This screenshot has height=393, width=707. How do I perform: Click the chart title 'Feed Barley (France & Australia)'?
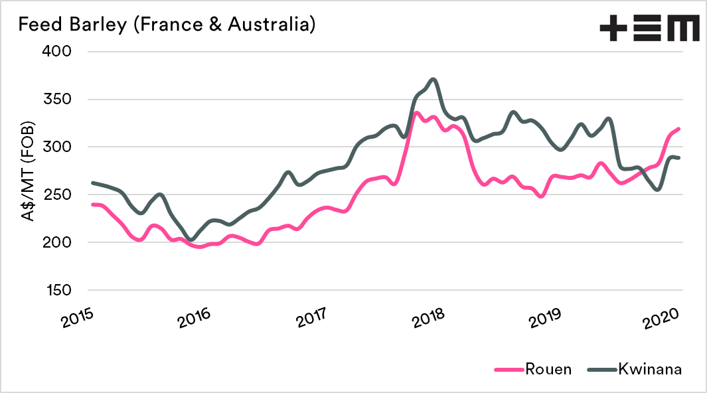[166, 25]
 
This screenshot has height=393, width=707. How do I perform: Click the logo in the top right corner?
[649, 29]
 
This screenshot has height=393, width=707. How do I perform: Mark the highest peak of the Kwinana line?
[433, 79]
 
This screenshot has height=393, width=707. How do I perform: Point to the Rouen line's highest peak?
[416, 113]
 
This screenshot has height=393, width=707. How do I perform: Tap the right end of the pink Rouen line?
[680, 129]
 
